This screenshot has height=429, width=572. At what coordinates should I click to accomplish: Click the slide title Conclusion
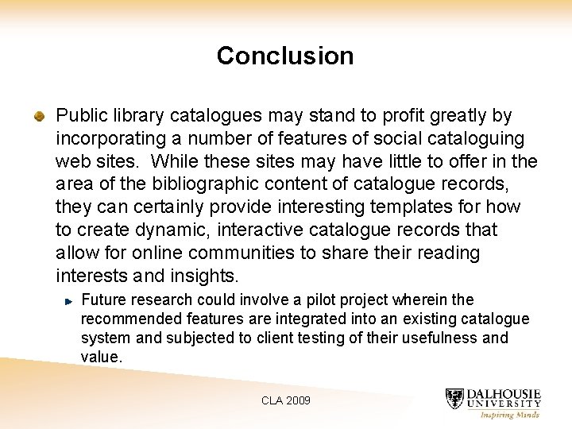285,56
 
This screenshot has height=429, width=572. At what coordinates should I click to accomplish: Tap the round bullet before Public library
39,117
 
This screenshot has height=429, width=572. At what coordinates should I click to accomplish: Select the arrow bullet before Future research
69,301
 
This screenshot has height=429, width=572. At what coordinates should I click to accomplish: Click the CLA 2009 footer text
286,400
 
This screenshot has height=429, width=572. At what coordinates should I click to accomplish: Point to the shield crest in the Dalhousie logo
454,400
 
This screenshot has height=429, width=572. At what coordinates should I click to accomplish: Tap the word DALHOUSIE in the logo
504,394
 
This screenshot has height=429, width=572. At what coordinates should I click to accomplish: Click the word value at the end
101,357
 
